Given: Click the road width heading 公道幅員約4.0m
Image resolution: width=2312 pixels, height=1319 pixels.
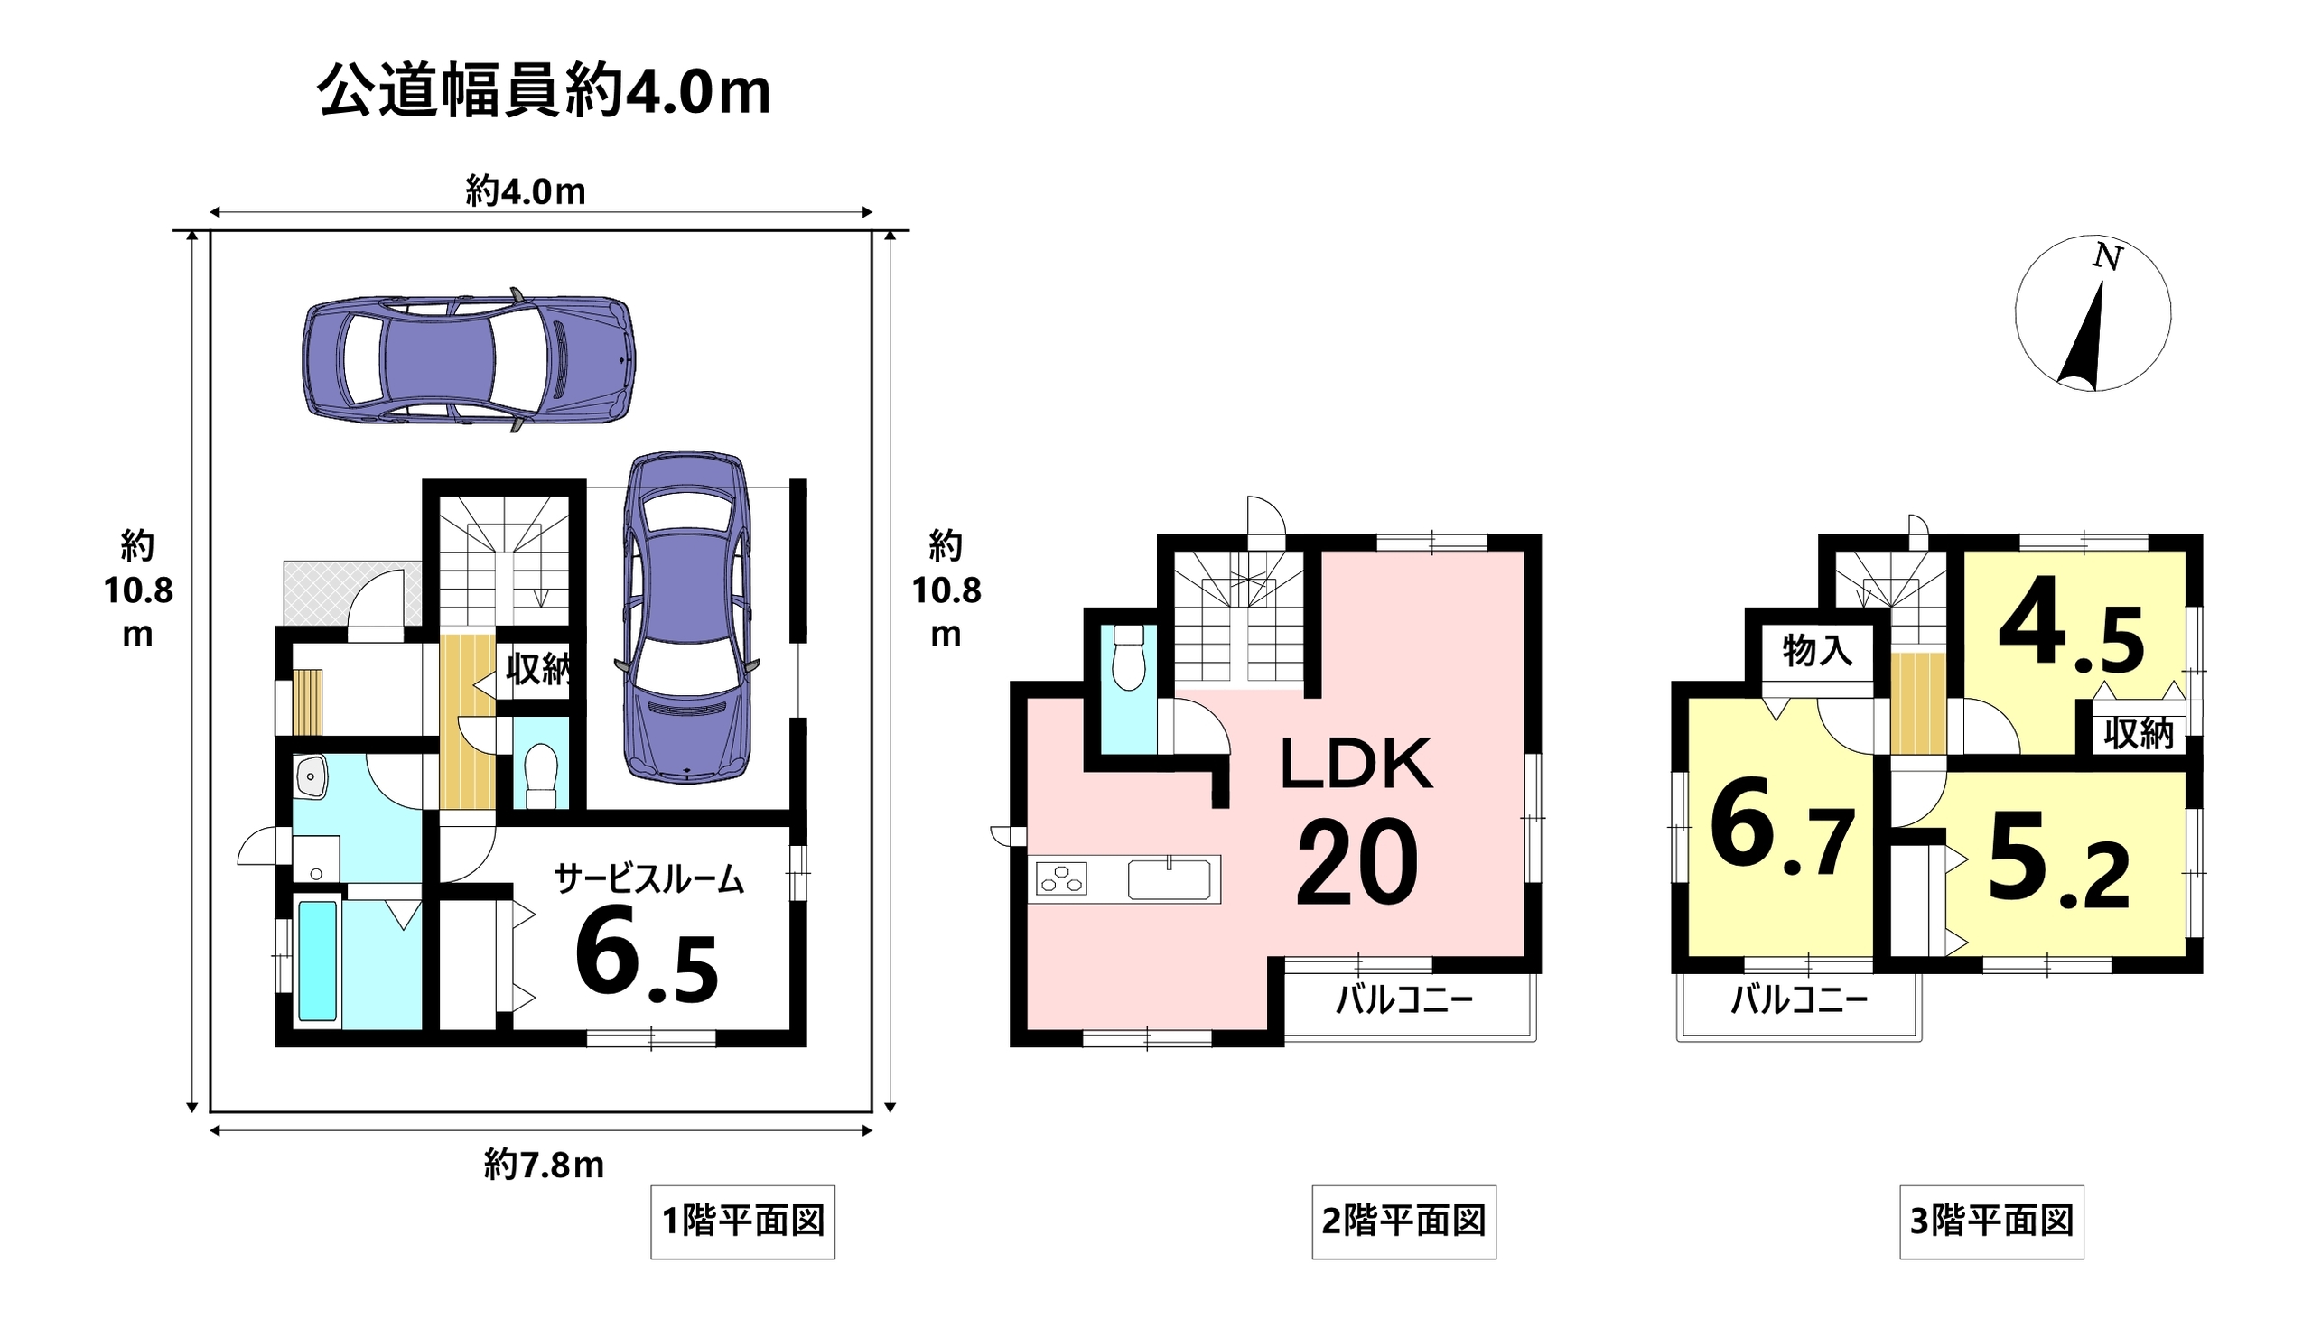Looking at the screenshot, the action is tap(544, 92).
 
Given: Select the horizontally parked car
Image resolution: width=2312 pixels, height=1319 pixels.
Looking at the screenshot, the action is tap(469, 359).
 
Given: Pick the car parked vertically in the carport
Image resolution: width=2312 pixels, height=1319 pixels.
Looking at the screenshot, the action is tap(687, 616).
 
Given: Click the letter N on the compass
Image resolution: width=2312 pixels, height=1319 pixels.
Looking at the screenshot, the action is tap(2108, 257).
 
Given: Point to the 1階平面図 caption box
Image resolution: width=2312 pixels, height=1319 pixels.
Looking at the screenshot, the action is tap(743, 1221).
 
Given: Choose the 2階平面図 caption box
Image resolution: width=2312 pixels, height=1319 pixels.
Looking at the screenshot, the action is tap(1403, 1221).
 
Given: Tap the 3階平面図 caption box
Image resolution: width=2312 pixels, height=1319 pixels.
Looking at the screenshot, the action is tap(1991, 1221).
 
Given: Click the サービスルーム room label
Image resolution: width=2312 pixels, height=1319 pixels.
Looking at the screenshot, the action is tap(648, 878).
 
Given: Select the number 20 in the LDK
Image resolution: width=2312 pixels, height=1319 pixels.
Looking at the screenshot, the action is tap(1357, 861).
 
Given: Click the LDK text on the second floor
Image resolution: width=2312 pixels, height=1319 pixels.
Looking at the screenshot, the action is tap(1356, 764).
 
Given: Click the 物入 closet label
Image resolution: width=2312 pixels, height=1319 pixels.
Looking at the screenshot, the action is tap(1817, 650).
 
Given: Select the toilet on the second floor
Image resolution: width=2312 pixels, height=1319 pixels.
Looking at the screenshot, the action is tap(1129, 656).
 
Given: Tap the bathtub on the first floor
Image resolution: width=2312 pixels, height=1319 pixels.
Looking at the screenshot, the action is tap(317, 960).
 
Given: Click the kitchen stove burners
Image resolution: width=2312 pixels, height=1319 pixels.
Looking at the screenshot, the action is tap(1061, 878).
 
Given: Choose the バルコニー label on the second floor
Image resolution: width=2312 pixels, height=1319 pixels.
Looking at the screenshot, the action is tap(1404, 1000).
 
